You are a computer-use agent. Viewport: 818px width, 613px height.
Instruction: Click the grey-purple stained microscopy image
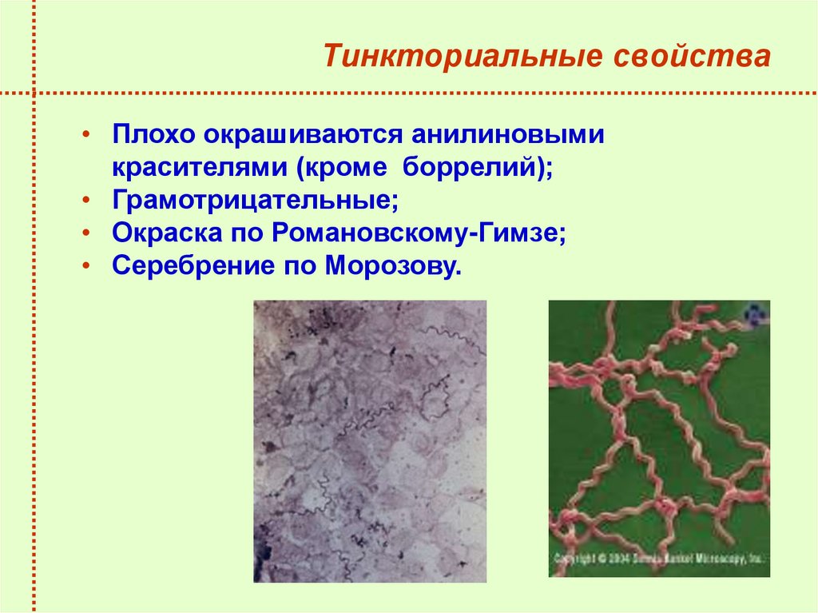(370, 441)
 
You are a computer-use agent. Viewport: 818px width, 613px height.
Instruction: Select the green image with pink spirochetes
(659, 432)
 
